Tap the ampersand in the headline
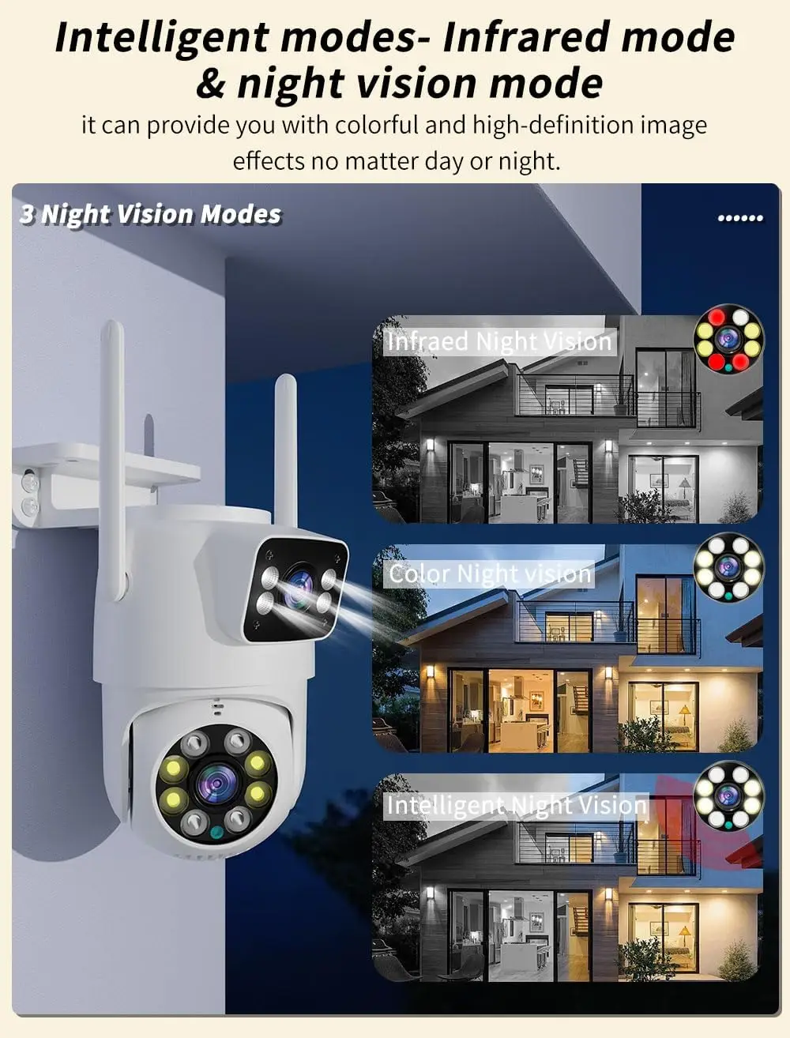(x=210, y=85)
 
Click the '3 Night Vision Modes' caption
(x=150, y=214)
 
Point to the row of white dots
(x=740, y=217)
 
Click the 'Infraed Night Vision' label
(x=499, y=341)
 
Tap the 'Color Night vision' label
(x=491, y=574)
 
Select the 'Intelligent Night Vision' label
(x=516, y=805)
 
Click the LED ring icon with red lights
(x=728, y=339)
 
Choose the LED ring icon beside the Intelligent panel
(x=728, y=795)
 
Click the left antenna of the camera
(x=115, y=458)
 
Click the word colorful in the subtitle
(x=377, y=125)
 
